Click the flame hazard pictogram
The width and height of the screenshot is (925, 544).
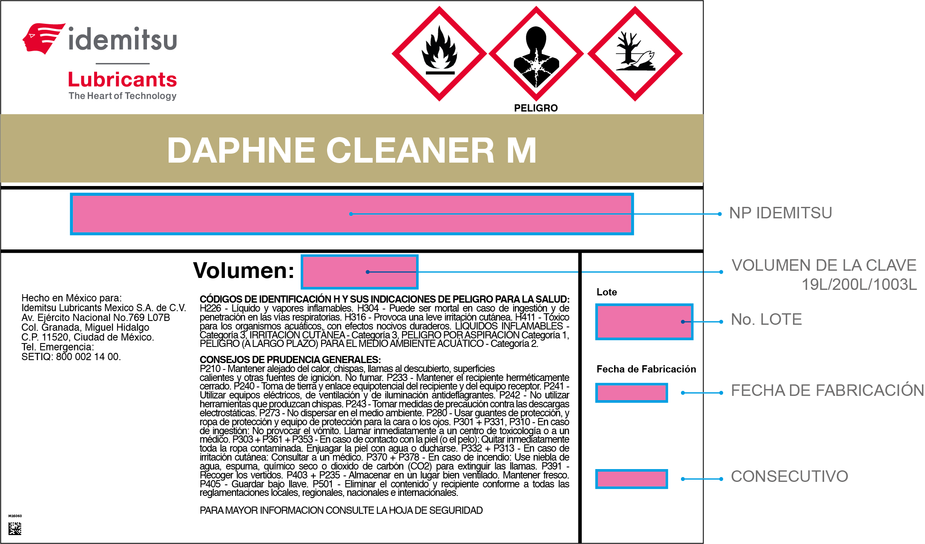point(439,54)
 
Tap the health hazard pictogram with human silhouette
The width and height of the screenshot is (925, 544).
point(536,54)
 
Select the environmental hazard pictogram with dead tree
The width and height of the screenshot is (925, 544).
point(635,54)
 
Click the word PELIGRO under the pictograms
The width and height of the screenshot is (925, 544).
point(536,108)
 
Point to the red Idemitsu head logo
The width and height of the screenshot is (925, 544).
point(43,38)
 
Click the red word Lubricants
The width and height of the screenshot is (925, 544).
point(122,80)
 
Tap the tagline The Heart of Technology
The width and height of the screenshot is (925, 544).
point(123,96)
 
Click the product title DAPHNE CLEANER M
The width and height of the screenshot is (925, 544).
point(352,150)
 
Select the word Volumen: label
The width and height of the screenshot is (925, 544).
point(244,270)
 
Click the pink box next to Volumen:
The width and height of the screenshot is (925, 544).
point(359,272)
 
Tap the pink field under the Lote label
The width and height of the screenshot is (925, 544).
point(644,322)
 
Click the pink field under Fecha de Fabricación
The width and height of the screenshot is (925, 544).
point(632,392)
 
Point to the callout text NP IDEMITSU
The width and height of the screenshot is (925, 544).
point(781,213)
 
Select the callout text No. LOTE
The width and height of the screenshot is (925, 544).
point(766,319)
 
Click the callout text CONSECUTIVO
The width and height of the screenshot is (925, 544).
point(790,476)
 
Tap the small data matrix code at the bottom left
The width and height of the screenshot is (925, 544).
point(15,528)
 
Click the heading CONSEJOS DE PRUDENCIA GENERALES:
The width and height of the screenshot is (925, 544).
point(290,360)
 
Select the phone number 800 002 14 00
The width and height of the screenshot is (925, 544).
point(88,357)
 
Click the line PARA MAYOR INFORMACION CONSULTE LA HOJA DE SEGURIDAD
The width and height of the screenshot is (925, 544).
point(341,510)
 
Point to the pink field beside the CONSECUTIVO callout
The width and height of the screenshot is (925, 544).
point(632,479)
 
